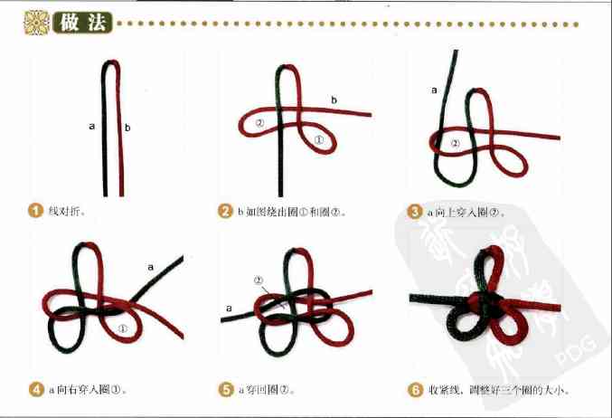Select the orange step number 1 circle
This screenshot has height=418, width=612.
tap(35, 212)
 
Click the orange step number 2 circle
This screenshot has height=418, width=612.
tap(225, 212)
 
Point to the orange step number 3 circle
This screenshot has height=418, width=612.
tap(415, 212)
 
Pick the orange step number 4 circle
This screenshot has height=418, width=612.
tap(35, 390)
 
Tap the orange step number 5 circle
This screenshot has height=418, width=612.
tap(225, 390)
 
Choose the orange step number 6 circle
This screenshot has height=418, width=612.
tap(415, 390)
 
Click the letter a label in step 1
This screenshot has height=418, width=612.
tap(92, 127)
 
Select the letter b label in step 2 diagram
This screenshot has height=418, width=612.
tap(334, 100)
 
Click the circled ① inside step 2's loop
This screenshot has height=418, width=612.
tap(318, 140)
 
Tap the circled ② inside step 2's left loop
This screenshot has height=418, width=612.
tap(259, 123)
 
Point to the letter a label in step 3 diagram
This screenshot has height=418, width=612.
tap(434, 90)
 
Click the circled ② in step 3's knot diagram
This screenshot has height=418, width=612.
tap(455, 143)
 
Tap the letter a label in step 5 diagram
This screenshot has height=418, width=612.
tap(229, 309)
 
